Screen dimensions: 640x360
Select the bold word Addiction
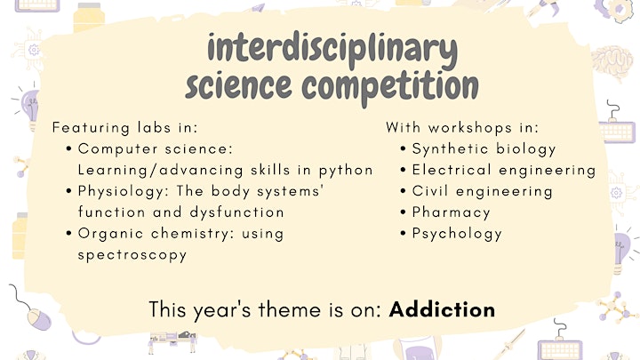pos(442,310)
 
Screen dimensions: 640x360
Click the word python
pos(346,171)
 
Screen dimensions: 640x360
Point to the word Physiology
pos(122,192)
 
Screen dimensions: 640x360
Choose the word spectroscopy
pos(132,255)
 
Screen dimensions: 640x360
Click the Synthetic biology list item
pos(484,149)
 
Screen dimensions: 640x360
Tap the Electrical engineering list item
pos(504,171)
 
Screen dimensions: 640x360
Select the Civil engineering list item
pos(482,192)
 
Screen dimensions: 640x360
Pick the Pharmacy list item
pos(451,213)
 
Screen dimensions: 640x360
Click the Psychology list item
pos(457,235)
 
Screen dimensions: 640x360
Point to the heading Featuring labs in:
pos(125,128)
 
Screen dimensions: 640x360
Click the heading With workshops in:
pos(462,128)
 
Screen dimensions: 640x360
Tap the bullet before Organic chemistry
pos(68,234)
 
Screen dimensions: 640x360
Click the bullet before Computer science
pos(68,148)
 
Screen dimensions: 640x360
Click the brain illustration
pos(612,64)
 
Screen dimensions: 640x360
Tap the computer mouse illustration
pos(39,319)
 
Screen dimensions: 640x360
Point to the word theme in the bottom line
pos(290,310)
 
